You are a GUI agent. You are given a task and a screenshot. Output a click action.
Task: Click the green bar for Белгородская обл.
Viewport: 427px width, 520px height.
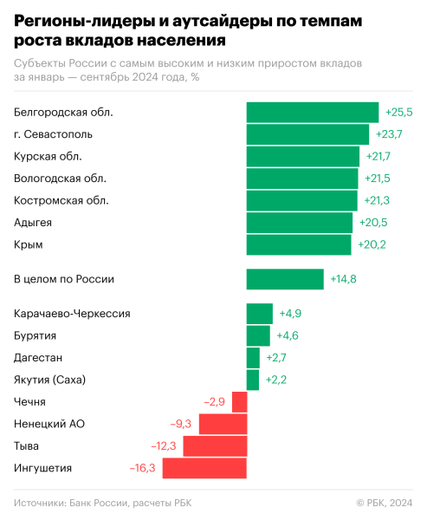click(312, 112)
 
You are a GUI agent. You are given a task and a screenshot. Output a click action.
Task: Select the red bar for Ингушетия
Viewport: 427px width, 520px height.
click(204, 468)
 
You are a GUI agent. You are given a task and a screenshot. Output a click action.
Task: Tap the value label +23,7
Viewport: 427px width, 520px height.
click(389, 134)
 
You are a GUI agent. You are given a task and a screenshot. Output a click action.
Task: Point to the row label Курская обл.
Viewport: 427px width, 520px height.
click(49, 156)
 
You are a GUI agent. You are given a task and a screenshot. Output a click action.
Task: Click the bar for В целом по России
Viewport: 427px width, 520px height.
click(285, 279)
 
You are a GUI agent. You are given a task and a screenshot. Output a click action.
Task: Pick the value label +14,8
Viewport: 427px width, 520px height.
click(343, 279)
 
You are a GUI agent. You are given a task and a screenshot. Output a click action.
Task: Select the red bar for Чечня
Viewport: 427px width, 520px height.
click(239, 402)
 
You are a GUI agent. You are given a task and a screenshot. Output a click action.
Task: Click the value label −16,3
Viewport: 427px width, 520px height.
click(143, 468)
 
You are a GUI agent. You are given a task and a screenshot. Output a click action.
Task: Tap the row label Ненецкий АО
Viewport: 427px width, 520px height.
click(49, 424)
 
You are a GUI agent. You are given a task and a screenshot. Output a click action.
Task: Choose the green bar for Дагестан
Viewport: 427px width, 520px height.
click(253, 357)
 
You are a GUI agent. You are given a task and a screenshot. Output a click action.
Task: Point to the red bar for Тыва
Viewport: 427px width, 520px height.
click(215, 446)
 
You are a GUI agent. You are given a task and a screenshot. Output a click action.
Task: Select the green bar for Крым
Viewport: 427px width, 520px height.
click(299, 245)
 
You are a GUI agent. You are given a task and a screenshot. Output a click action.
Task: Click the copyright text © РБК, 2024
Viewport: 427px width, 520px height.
click(385, 503)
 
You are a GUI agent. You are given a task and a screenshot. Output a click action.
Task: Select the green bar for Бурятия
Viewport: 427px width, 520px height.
click(258, 335)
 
